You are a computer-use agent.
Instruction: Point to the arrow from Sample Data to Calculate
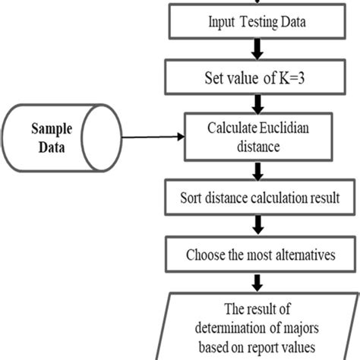[x=152, y=137]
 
